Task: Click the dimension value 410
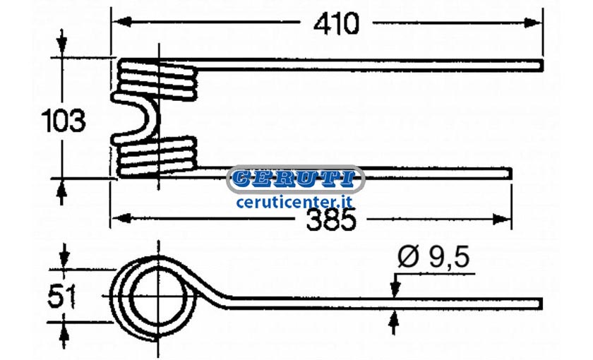tap(336, 24)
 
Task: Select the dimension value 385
tap(331, 220)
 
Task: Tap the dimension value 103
tap(63, 121)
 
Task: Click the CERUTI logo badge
tap(296, 179)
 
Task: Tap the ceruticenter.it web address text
tap(294, 202)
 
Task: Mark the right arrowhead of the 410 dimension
tap(533, 23)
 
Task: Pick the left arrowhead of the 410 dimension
tap(121, 22)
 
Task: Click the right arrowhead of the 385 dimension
tap(502, 219)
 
